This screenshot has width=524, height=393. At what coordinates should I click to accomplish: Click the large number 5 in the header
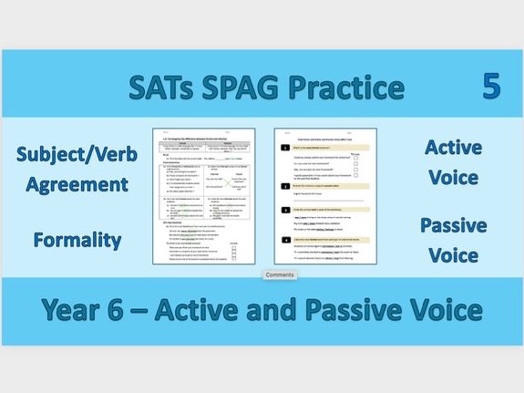point(492,87)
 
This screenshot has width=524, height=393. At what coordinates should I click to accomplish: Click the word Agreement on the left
point(77,184)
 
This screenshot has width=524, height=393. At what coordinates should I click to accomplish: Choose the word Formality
point(77,241)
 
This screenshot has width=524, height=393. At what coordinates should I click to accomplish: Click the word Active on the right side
point(453,147)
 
